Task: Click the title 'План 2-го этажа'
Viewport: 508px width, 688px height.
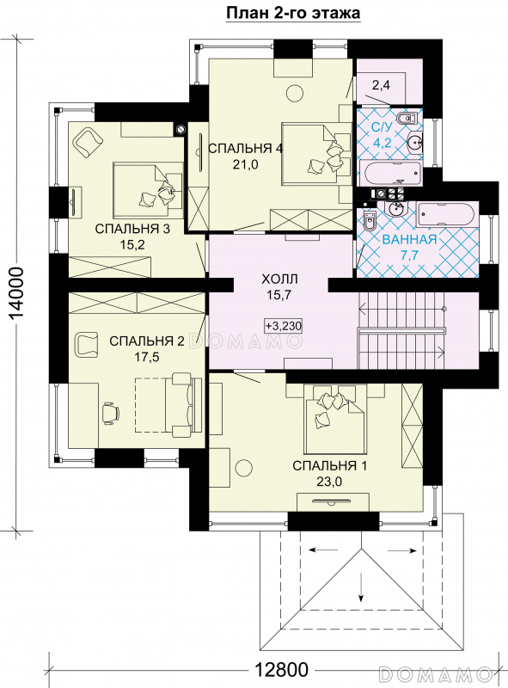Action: pyautogui.click(x=293, y=13)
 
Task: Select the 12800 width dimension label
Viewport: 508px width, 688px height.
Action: pyautogui.click(x=281, y=670)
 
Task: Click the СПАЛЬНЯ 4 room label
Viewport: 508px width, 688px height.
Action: pyautogui.click(x=245, y=149)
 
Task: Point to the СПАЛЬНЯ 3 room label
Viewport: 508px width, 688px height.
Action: pyautogui.click(x=132, y=229)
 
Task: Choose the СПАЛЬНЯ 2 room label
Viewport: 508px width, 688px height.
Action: pyautogui.click(x=146, y=341)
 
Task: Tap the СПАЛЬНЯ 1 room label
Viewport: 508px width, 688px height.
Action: pyautogui.click(x=329, y=465)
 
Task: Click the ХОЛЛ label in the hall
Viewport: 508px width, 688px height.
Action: pyautogui.click(x=279, y=279)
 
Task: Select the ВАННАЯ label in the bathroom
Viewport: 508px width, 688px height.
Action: pyautogui.click(x=410, y=239)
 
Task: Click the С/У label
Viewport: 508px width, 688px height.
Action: pyautogui.click(x=381, y=127)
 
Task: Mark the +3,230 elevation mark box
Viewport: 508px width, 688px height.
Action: pyautogui.click(x=284, y=326)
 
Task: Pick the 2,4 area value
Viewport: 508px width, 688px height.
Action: pyautogui.click(x=381, y=85)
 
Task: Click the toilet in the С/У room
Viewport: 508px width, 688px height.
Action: pyautogui.click(x=408, y=119)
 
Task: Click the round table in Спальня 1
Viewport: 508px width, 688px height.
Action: pyautogui.click(x=243, y=465)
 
